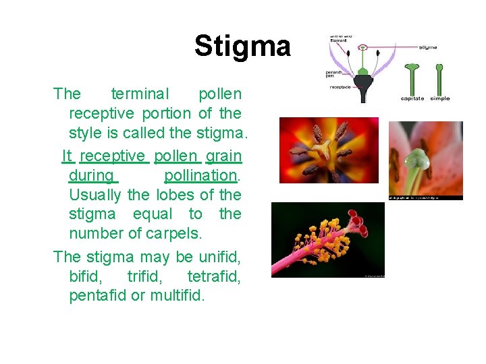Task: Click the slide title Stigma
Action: [x=242, y=46]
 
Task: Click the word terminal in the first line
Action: [x=140, y=94]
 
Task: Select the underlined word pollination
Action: [x=200, y=175]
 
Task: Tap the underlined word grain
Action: [x=223, y=156]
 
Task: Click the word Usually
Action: [x=96, y=195]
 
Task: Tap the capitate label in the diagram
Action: [x=412, y=98]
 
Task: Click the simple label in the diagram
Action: [x=439, y=98]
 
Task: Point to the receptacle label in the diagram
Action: [x=340, y=88]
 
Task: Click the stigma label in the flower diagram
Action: [x=427, y=47]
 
